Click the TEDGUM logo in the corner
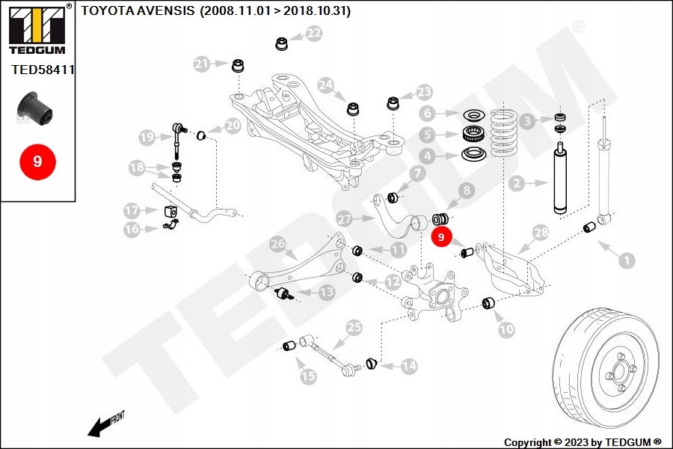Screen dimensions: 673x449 (37, 29)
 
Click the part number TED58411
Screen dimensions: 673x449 (43, 70)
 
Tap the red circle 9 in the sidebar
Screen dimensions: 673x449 (38, 162)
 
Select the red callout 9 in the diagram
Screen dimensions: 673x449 (440, 236)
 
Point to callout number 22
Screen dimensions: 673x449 (314, 33)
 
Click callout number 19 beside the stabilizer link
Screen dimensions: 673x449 (147, 138)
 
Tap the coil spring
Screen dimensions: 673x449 (504, 132)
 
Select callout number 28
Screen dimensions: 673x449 (541, 233)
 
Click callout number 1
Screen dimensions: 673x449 (627, 260)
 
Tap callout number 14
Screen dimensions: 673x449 (409, 366)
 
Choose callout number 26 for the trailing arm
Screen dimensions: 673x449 (277, 245)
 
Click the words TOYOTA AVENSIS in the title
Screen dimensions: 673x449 (138, 10)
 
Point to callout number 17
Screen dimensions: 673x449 (132, 210)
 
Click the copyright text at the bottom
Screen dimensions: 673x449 (583, 442)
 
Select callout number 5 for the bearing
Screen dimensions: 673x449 (428, 135)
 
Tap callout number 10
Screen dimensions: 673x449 (506, 329)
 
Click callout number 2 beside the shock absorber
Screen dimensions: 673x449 (517, 184)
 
